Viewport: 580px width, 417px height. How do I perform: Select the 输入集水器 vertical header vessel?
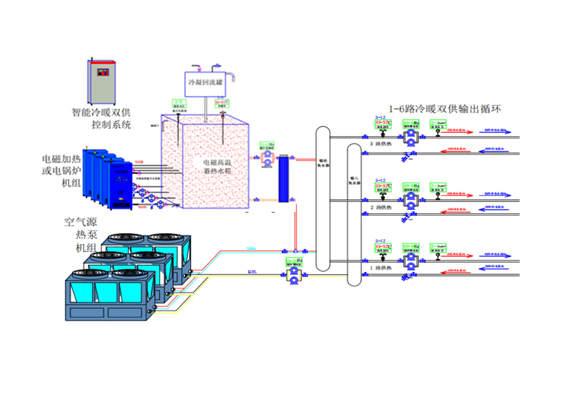[354, 214]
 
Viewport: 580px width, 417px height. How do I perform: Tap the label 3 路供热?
[379, 144]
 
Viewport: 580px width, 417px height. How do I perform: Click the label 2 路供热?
[379, 207]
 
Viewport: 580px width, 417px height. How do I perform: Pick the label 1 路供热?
[379, 269]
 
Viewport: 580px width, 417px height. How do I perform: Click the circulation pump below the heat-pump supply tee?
[293, 274]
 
